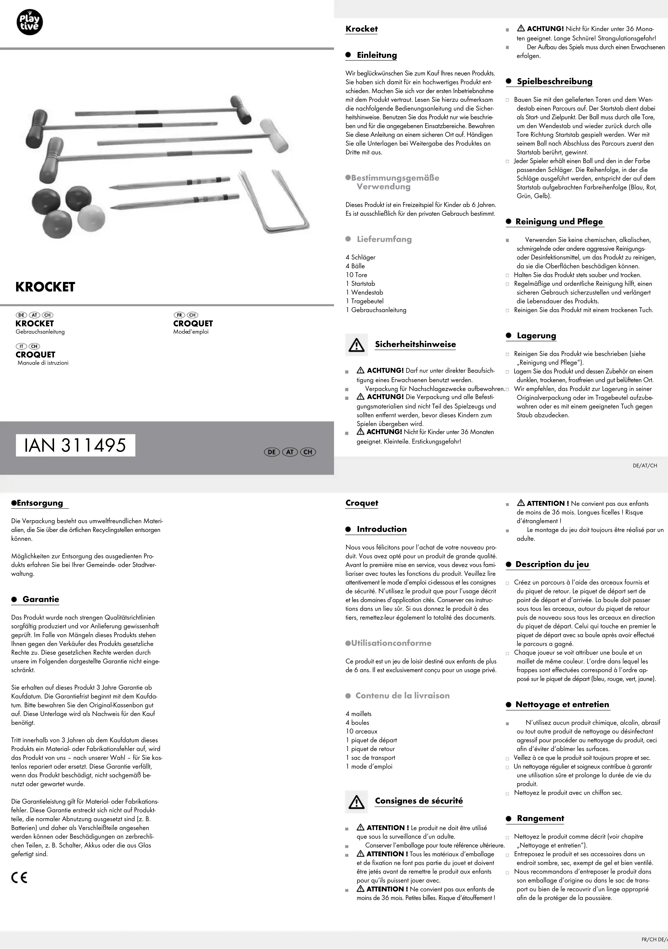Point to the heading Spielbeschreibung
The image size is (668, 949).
click(x=554, y=81)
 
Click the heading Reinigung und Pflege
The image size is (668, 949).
click(x=559, y=222)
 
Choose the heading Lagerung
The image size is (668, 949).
click(x=536, y=336)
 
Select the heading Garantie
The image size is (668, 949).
click(x=41, y=599)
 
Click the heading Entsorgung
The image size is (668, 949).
click(x=40, y=503)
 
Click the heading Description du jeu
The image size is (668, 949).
click(x=552, y=564)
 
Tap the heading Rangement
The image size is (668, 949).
click(x=540, y=818)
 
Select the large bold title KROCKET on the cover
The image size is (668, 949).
click(x=45, y=287)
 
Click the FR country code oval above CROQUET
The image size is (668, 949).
click(x=179, y=315)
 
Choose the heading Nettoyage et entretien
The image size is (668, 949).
click(x=562, y=704)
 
